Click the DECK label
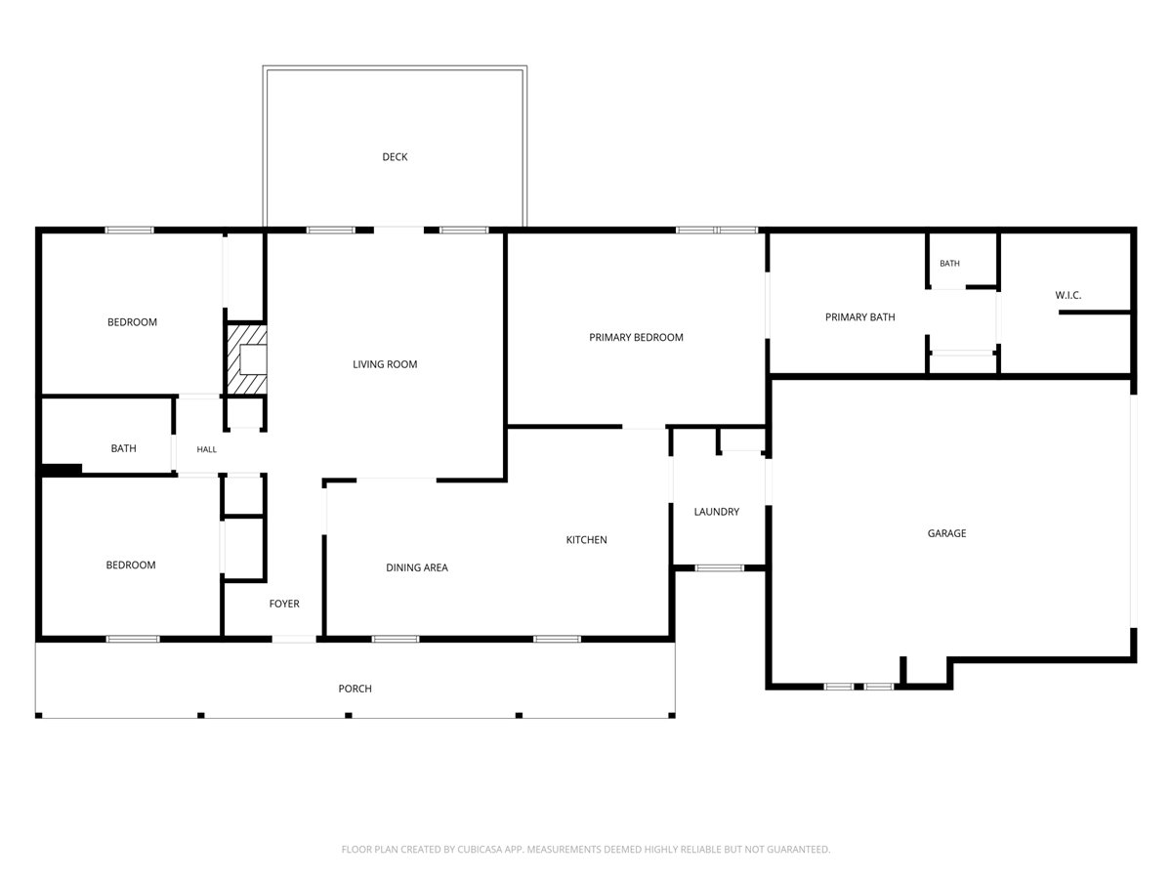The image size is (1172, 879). [395, 157]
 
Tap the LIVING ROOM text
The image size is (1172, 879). [385, 364]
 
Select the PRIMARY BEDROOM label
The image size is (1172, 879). [636, 337]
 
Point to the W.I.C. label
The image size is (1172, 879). [1067, 295]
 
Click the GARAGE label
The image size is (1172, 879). [946, 533]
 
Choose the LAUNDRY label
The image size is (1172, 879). [717, 512]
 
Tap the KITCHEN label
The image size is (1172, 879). [586, 539]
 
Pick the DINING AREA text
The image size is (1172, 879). [416, 567]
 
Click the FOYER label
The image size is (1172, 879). [284, 604]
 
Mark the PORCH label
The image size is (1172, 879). [356, 689]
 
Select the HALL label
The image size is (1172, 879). [207, 449]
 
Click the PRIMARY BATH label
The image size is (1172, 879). [860, 317]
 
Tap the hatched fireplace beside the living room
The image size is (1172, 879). [247, 359]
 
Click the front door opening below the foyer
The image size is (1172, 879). [294, 639]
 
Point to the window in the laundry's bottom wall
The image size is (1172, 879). [719, 567]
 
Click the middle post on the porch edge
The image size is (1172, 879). [348, 715]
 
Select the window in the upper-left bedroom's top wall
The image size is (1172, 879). [130, 230]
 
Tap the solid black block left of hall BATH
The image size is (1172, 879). [62, 470]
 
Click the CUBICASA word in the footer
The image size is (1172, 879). [480, 849]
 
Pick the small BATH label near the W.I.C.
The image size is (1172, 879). [949, 263]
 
